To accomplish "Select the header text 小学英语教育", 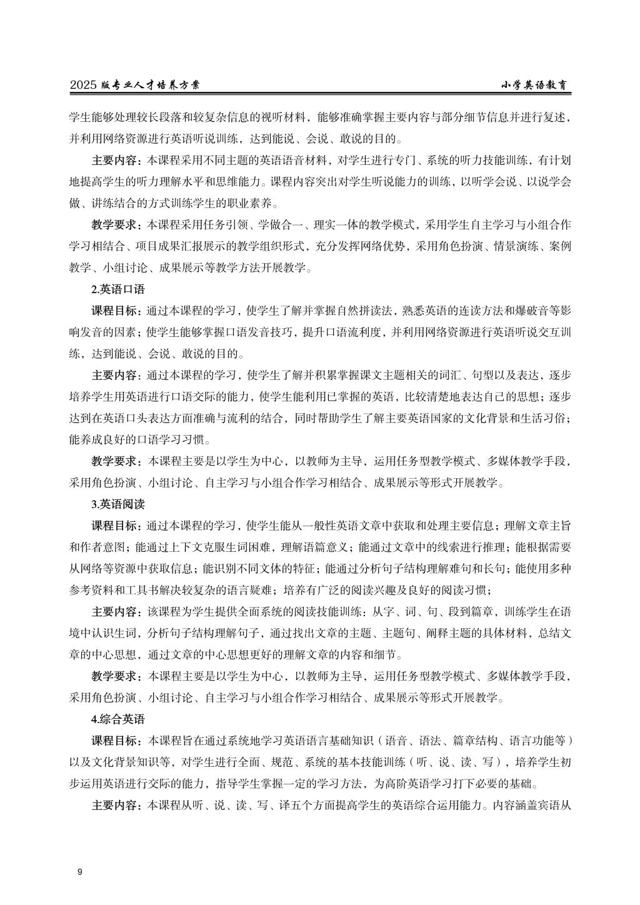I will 537,86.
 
